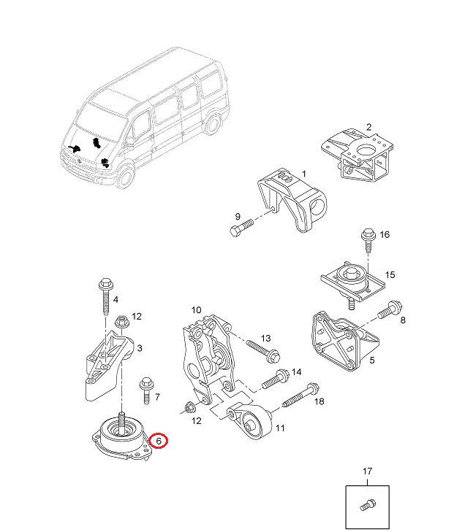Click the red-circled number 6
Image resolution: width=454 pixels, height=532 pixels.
159,441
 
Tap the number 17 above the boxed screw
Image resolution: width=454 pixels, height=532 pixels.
367,472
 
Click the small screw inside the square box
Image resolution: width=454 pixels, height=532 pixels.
366,504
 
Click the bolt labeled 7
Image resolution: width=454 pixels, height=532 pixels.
147,388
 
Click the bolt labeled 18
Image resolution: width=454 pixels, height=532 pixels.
298,396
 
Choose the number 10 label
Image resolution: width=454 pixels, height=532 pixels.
196,310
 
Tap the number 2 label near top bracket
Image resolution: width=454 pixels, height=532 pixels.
369,127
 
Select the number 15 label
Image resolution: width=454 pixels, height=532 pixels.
390,274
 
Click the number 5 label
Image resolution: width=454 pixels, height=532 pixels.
372,359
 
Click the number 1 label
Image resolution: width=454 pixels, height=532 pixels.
304,174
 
